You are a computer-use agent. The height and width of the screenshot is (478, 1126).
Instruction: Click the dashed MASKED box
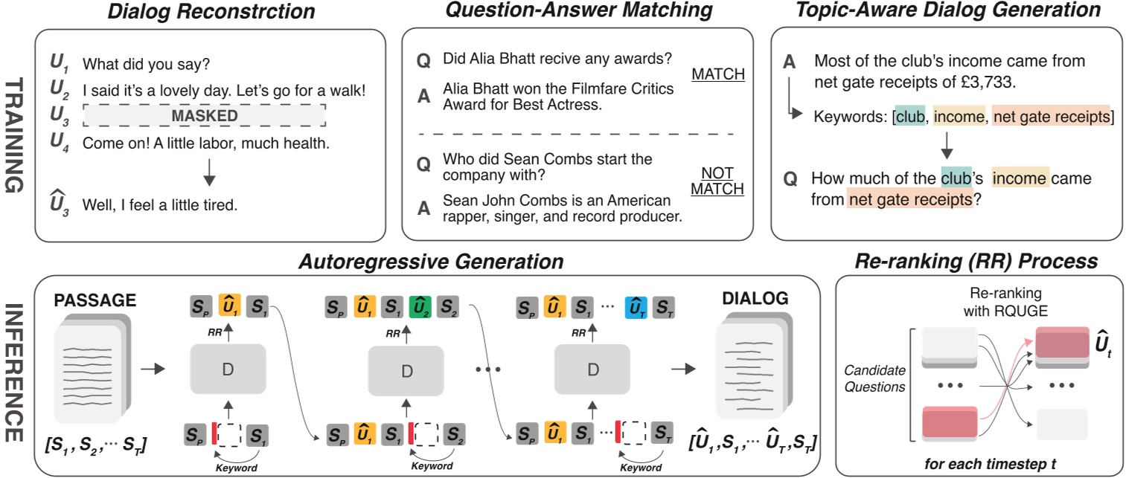205,116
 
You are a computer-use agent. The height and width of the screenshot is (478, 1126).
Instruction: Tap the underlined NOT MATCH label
717,181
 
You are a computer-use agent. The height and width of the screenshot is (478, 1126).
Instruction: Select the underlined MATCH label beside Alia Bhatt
717,74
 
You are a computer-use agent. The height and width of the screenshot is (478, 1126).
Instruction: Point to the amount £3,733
995,80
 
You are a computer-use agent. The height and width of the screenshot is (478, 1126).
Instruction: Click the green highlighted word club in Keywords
909,117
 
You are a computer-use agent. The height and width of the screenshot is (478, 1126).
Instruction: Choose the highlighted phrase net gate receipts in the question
909,199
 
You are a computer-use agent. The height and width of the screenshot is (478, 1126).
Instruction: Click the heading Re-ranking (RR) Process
976,261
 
